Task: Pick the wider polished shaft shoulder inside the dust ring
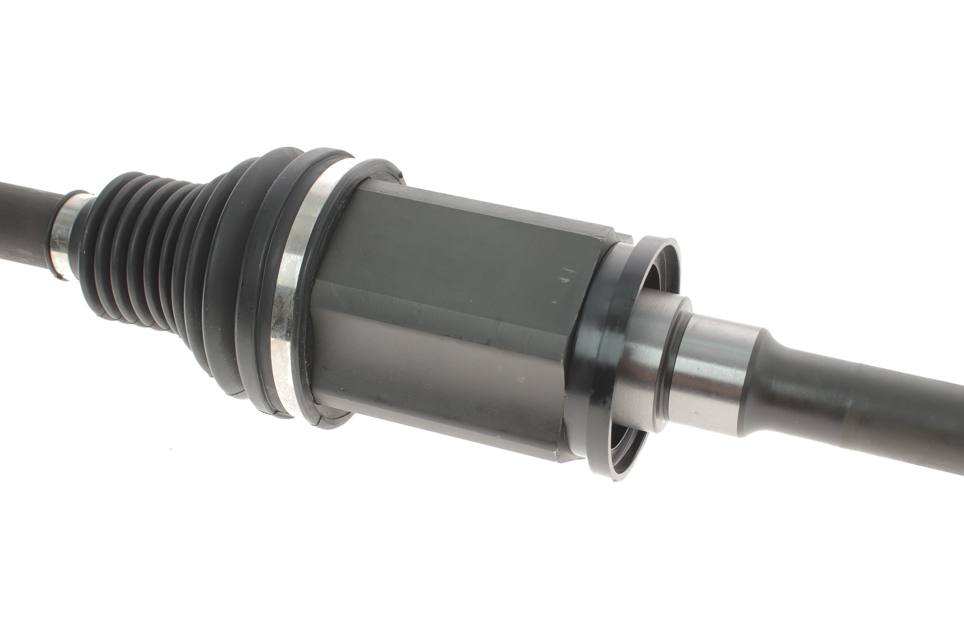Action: (639, 360)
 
